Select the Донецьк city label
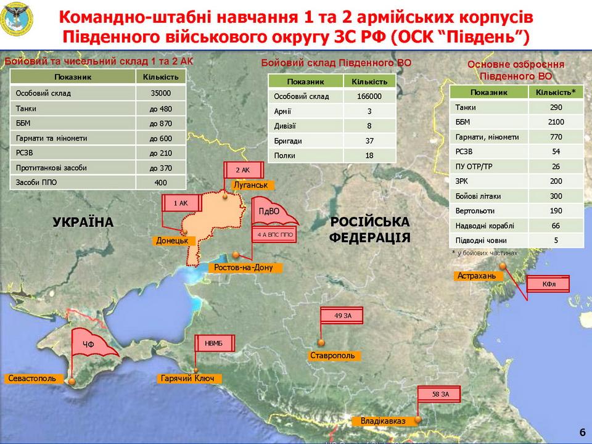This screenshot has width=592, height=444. click(x=172, y=240)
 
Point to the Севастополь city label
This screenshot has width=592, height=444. click(x=33, y=378)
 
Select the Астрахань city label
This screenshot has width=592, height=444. click(x=476, y=276)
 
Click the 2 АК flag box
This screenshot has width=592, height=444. click(x=242, y=170)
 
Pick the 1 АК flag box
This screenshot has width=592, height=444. click(x=180, y=202)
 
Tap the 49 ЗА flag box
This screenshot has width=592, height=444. click(x=342, y=316)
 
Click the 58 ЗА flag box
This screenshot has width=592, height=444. click(x=440, y=393)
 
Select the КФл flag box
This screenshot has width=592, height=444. click(x=549, y=284)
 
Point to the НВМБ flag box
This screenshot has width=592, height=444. click(x=213, y=343)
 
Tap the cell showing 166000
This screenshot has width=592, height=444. click(x=369, y=96)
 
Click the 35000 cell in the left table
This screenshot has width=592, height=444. click(x=160, y=94)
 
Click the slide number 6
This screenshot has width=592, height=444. click(x=583, y=431)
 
